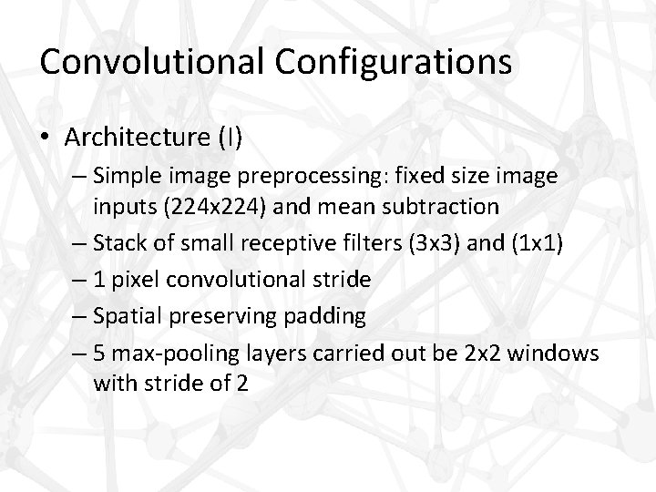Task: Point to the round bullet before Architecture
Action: pos(44,138)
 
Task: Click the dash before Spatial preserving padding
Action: pos(79,315)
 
